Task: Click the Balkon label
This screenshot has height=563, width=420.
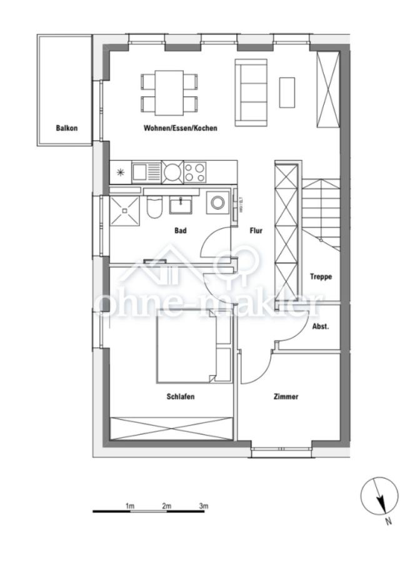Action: pos(67,128)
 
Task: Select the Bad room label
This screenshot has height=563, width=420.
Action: pos(181,231)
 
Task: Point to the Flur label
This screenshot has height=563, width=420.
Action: pos(256,231)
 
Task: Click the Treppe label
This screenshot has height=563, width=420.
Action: pos(321,276)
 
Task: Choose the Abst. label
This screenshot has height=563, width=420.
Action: pos(320,327)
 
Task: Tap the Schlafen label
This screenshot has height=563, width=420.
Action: pos(181,396)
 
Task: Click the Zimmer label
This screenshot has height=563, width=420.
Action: pos(286,396)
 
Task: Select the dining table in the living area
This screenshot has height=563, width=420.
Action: pos(169,93)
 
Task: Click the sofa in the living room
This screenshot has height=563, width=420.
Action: pos(251,91)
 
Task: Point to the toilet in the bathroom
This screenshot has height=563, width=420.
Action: pos(154,207)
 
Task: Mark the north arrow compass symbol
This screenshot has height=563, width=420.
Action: pos(379,497)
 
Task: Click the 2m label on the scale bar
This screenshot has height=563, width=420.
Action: pos(167,505)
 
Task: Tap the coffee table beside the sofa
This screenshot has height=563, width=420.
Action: pos(287,92)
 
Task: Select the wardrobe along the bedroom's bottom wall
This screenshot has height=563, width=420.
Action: pos(172,427)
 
